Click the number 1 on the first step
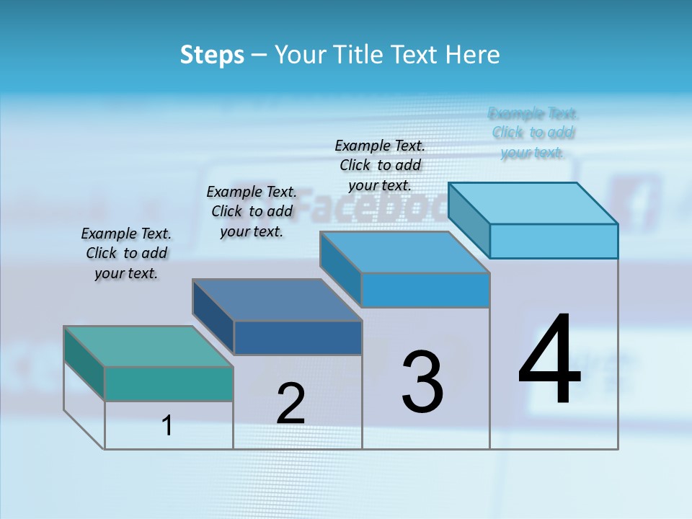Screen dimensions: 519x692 167,425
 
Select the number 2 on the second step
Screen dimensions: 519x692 290,404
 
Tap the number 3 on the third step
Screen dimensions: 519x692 422,382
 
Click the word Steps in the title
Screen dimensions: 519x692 212,55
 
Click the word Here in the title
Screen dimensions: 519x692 473,55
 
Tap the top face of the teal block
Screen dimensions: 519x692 148,346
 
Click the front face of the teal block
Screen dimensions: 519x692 169,383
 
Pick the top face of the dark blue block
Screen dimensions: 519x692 277,299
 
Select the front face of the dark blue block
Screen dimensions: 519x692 298,337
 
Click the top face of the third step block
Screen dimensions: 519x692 405,252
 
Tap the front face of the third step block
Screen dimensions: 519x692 425,290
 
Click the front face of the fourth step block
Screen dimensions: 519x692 554,241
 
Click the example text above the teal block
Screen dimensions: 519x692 126,254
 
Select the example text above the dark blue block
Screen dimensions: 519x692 252,211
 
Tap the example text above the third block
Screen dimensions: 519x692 380,165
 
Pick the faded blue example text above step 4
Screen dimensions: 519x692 533,133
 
